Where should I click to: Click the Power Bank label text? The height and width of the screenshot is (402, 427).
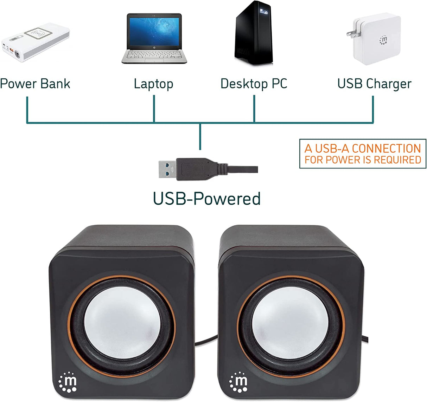(x=35, y=84)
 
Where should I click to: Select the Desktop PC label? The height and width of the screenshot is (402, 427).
(x=254, y=84)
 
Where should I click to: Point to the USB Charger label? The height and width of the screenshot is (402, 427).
(x=374, y=84)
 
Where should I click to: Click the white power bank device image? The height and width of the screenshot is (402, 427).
(x=35, y=42)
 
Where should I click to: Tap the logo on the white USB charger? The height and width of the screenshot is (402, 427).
(x=383, y=40)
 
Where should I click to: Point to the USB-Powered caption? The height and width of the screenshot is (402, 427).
(x=207, y=199)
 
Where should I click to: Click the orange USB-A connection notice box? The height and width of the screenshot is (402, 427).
(x=363, y=154)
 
